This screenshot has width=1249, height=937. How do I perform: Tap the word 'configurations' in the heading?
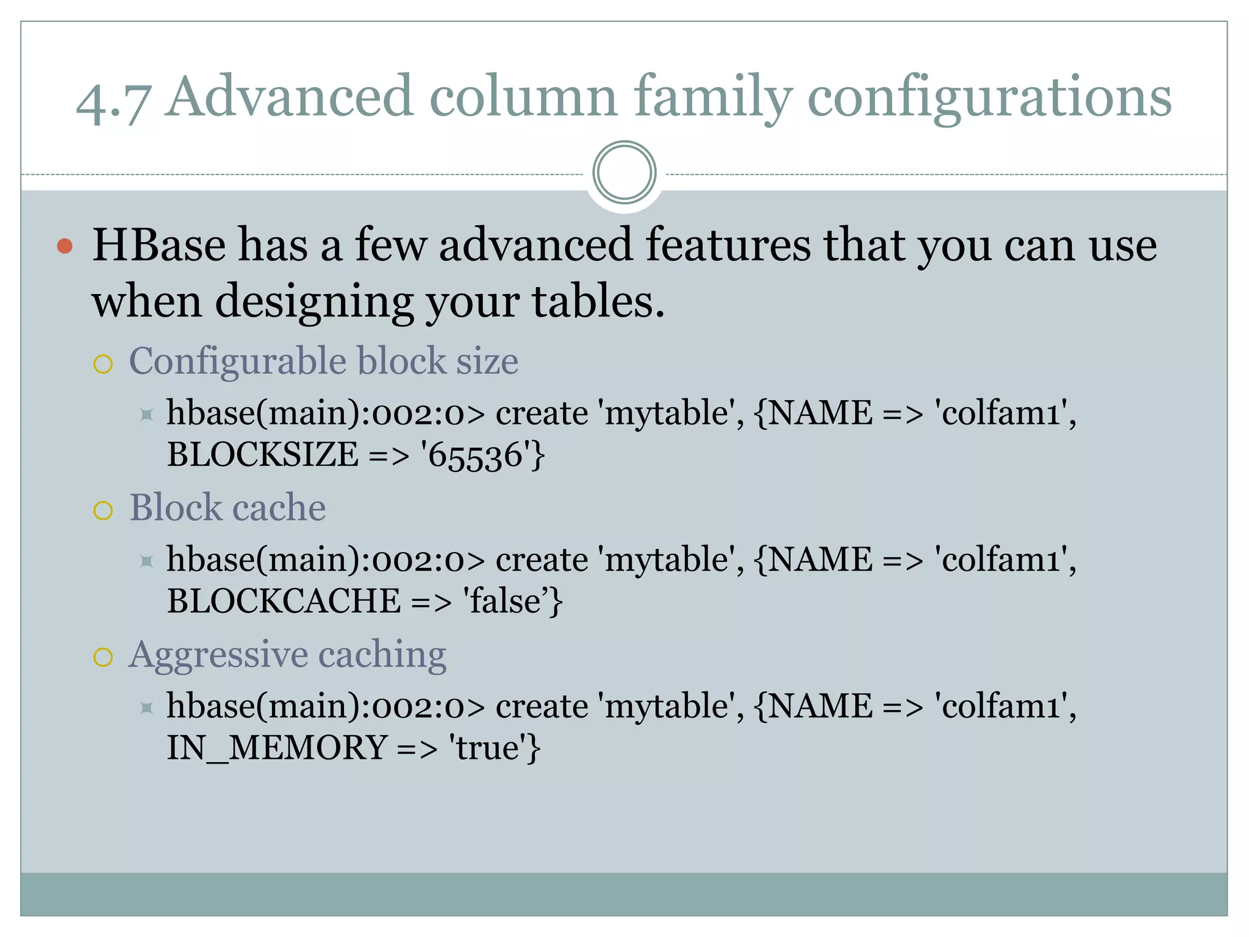click(989, 98)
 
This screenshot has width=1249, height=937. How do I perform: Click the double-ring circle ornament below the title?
click(624, 173)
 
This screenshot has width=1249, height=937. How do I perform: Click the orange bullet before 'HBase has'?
click(65, 246)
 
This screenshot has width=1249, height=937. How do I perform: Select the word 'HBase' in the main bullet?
click(159, 245)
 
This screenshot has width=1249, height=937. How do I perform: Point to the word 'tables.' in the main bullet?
click(598, 301)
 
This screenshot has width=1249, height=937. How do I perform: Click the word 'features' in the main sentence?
click(728, 245)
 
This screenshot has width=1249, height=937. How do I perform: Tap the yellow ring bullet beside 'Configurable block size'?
click(103, 364)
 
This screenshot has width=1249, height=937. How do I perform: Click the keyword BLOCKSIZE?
click(263, 455)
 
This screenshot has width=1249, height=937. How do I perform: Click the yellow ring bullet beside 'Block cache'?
click(103, 510)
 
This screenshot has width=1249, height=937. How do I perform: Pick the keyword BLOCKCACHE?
click(284, 601)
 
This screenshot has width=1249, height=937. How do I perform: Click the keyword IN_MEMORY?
click(277, 748)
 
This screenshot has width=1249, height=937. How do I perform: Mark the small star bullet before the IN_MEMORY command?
click(146, 708)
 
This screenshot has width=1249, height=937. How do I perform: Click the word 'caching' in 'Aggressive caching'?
click(382, 655)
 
